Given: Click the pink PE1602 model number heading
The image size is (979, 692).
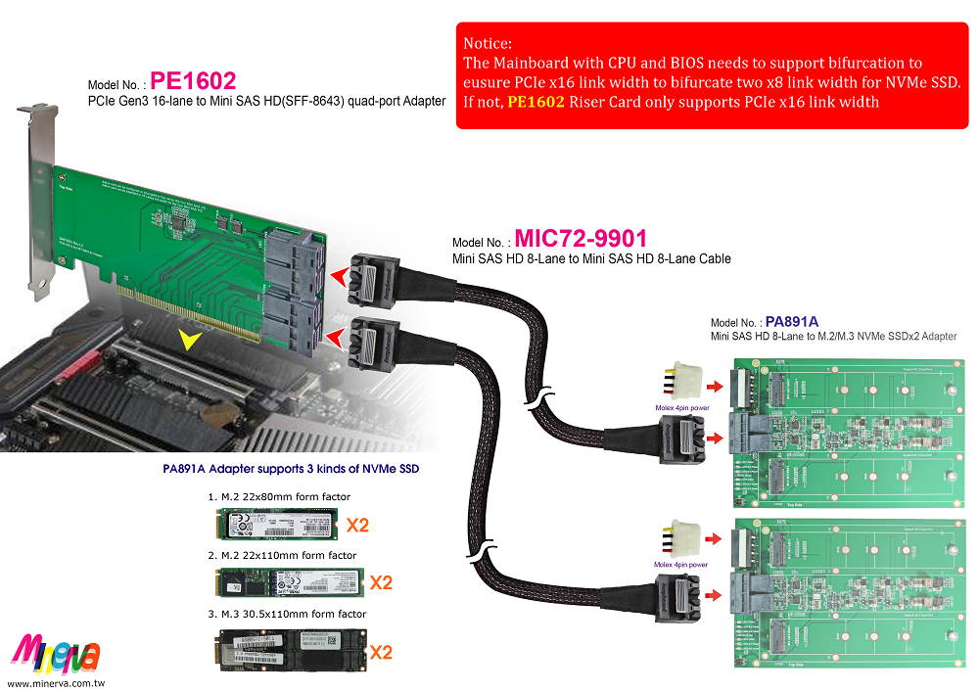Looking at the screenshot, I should [x=193, y=80].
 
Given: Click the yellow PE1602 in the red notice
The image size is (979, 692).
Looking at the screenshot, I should [x=536, y=102].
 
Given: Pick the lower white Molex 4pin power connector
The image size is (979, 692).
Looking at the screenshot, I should [x=681, y=541].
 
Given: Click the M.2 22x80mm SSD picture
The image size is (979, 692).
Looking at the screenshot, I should [x=275, y=526].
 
